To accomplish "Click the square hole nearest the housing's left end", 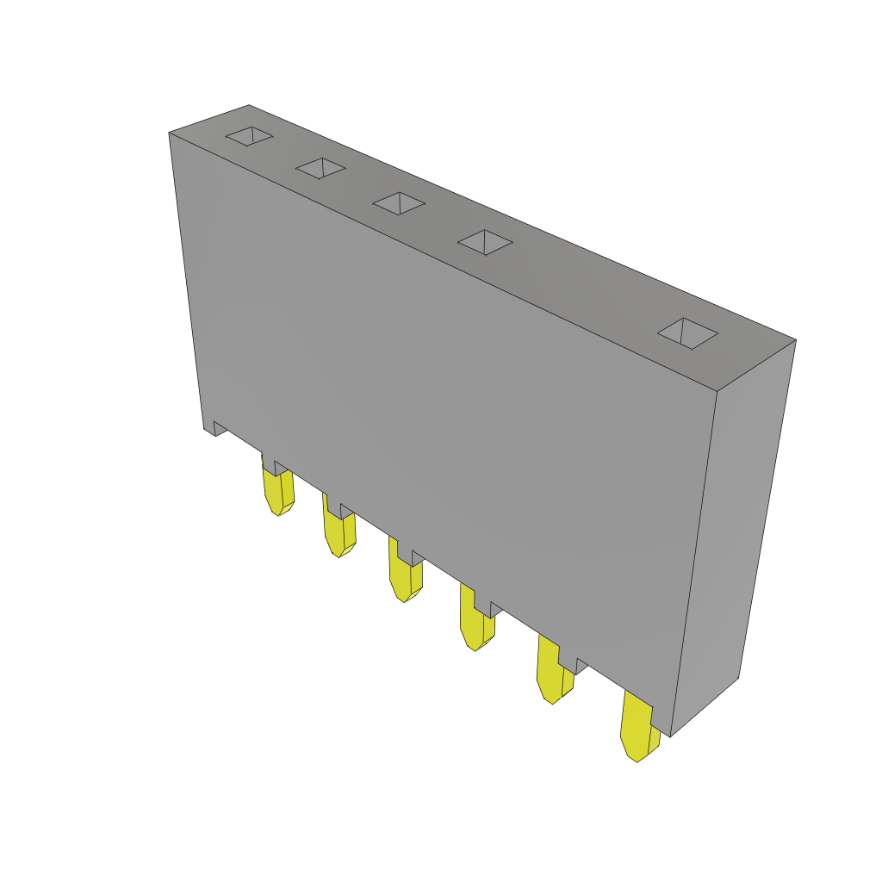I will coord(249,136).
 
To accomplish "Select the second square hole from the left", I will coord(320,169).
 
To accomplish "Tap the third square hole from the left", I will coord(399,203).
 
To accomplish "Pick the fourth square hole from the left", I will coord(485,242).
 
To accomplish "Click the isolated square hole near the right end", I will coord(687,333).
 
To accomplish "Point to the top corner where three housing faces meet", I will coord(717,391).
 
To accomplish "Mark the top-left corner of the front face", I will coord(170,134).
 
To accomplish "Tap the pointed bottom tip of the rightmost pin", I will coord(636,761).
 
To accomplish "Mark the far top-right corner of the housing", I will coord(795,340).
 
